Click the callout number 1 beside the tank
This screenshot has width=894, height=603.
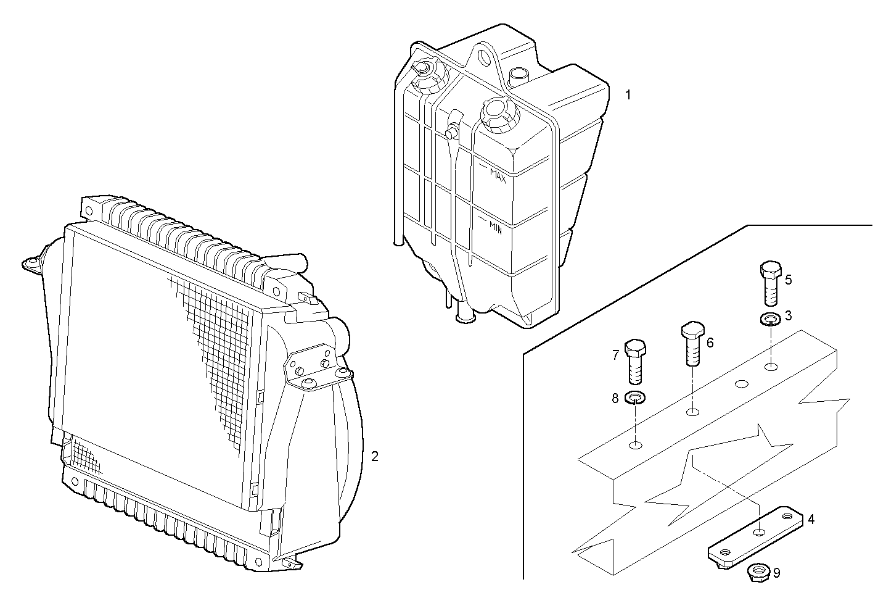click(x=628, y=95)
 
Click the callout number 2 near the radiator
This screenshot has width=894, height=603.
click(x=374, y=457)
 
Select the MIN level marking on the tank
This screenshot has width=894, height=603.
click(x=495, y=229)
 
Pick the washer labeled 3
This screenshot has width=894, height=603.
click(x=768, y=320)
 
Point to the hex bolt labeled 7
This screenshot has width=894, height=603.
click(x=635, y=361)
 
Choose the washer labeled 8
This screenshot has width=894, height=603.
click(x=635, y=397)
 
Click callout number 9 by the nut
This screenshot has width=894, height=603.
click(x=776, y=573)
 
